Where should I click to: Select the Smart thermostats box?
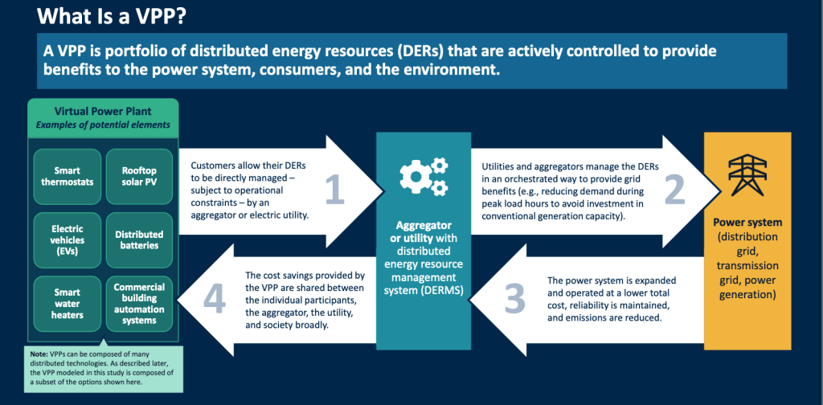(x=68, y=176)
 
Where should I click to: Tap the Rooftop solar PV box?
(x=139, y=176)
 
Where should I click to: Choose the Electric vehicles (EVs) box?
(x=68, y=240)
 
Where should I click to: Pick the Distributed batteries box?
(x=139, y=240)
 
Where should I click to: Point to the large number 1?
(x=335, y=190)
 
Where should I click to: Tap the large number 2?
(x=675, y=190)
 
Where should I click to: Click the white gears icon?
(x=424, y=176)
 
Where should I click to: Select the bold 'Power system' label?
(x=747, y=222)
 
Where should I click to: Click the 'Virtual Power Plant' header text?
(x=103, y=112)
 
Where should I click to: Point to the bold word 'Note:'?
(x=39, y=354)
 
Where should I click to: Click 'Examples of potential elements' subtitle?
(x=103, y=125)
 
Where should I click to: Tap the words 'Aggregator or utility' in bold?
(x=424, y=231)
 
